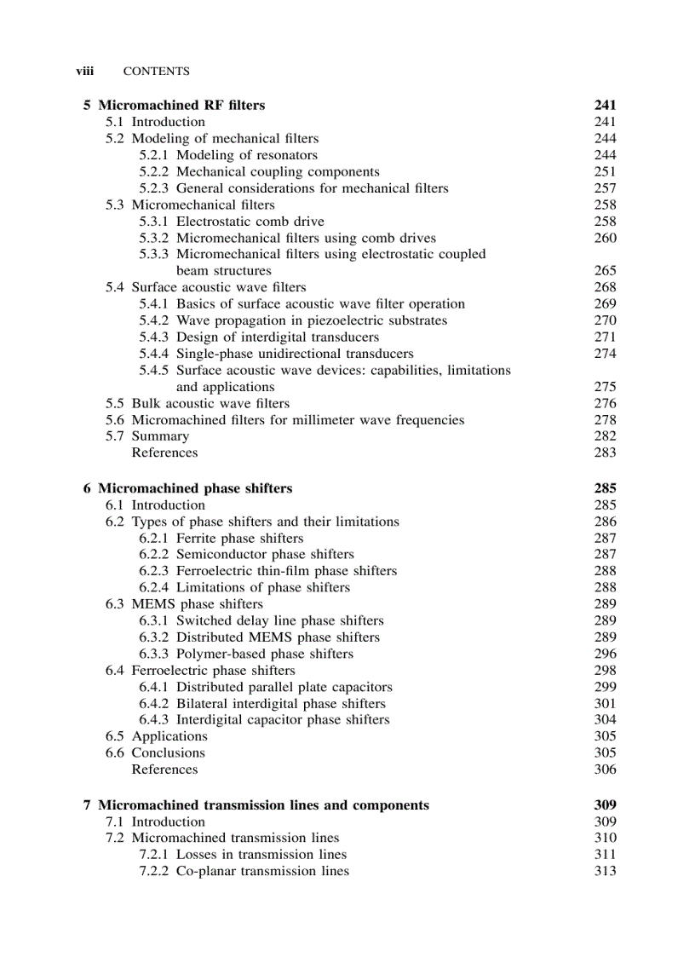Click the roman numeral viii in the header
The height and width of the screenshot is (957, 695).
tap(84, 72)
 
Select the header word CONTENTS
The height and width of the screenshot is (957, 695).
tap(157, 72)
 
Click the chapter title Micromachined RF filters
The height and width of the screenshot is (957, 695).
tap(181, 106)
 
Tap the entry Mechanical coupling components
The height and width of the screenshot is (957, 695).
tap(278, 171)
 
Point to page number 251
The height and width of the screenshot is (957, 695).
tap(605, 171)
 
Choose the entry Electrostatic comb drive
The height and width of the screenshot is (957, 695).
tap(250, 222)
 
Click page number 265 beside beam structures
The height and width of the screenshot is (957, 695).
tap(605, 271)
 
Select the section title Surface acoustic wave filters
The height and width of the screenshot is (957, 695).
tap(218, 287)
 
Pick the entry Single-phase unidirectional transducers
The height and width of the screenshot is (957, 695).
tap(295, 354)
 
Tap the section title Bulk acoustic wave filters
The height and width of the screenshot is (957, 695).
tap(210, 403)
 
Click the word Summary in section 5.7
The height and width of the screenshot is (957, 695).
tap(160, 436)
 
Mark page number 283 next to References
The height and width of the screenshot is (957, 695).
tap(605, 453)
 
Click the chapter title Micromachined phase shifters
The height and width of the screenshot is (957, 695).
tap(195, 489)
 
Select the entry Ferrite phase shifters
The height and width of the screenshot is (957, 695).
tap(239, 539)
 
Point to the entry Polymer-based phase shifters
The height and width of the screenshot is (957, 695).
tap(264, 654)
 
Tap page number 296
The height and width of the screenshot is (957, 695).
tap(605, 654)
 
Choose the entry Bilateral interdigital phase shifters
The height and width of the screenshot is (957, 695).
tap(280, 704)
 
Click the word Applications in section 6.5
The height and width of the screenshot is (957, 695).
tap(169, 736)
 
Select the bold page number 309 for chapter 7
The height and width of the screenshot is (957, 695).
tap(605, 805)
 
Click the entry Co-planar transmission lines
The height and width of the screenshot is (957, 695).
tap(262, 871)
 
